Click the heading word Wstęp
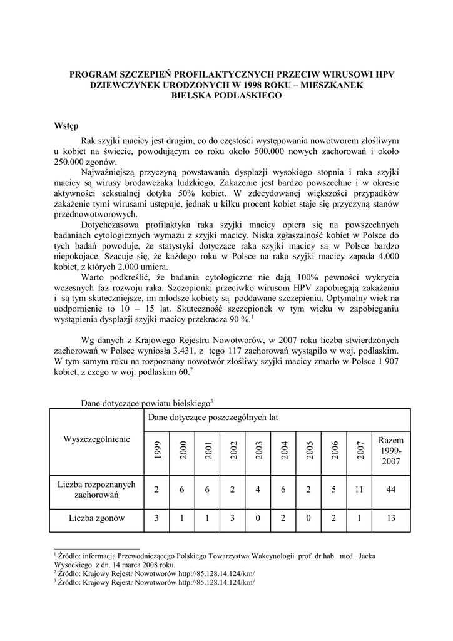(x=66, y=126)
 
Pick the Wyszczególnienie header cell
(x=97, y=439)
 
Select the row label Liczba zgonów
(x=97, y=518)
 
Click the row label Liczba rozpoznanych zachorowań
(x=97, y=490)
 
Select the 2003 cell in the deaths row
(x=258, y=518)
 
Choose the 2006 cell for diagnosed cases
(x=334, y=490)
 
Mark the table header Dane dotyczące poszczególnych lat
(x=213, y=416)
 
